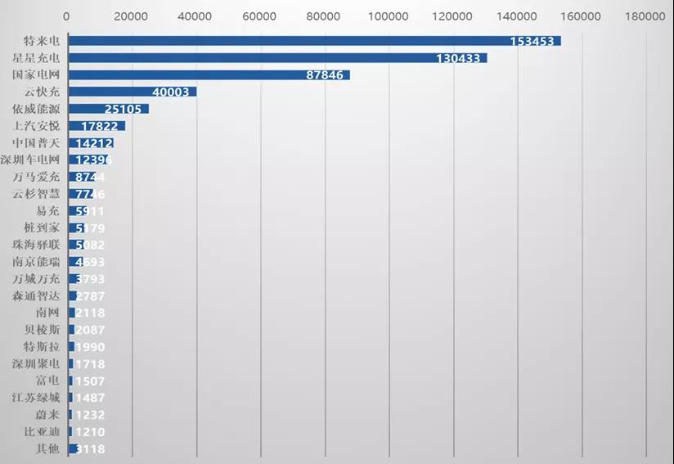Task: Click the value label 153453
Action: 532,41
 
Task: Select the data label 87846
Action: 322,75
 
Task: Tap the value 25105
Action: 124,109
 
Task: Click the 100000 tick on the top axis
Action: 389,16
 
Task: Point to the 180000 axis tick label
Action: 646,16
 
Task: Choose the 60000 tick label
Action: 259,16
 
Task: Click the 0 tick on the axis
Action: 66,16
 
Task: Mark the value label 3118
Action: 89,449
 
